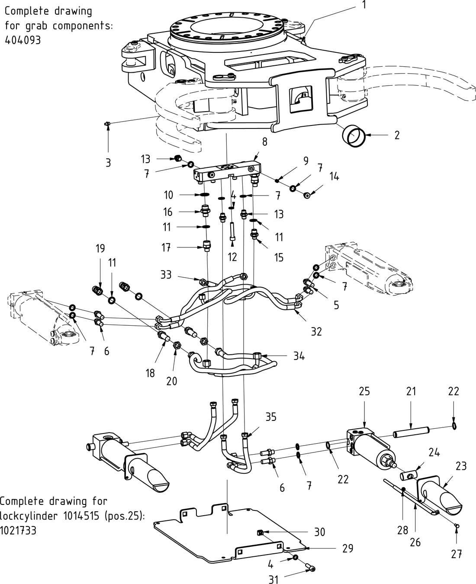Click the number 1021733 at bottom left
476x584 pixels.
(x=18, y=530)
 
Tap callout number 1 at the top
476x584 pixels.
(x=364, y=5)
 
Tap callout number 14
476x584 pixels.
(x=334, y=176)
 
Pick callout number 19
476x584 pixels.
(x=100, y=248)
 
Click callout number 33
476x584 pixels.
(x=166, y=275)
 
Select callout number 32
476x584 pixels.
(x=316, y=331)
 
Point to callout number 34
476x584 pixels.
(x=299, y=356)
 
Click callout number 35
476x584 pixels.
(x=271, y=417)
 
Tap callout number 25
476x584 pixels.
(x=364, y=391)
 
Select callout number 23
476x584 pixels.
(x=461, y=466)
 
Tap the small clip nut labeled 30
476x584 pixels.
(x=261, y=532)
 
